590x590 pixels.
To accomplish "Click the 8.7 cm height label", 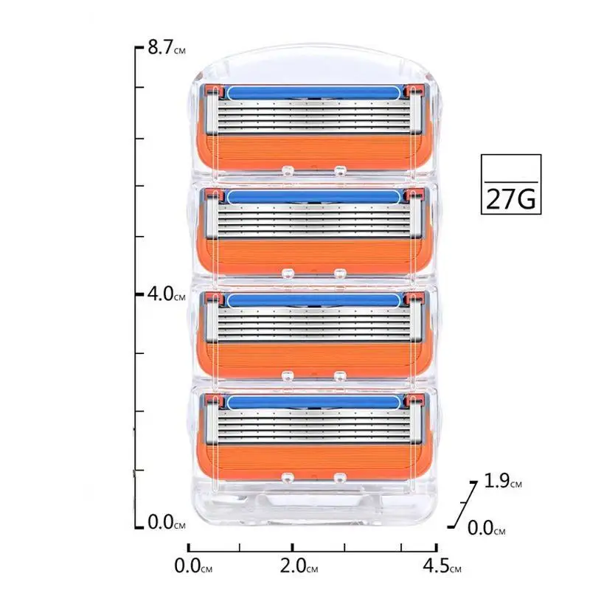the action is tap(167, 47).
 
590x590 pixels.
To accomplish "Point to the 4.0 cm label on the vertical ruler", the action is tap(167, 294).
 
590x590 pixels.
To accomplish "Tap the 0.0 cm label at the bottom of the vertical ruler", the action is tap(167, 522).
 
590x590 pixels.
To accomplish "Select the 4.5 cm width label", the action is tap(442, 566).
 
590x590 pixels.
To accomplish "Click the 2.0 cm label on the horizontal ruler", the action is tap(299, 566).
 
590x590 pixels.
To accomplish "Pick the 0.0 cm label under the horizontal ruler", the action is tap(193, 566).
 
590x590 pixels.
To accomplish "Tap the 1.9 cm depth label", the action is tap(503, 481).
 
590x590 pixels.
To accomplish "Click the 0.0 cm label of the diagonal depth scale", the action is tap(486, 528).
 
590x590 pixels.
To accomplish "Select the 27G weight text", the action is tap(510, 198).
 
